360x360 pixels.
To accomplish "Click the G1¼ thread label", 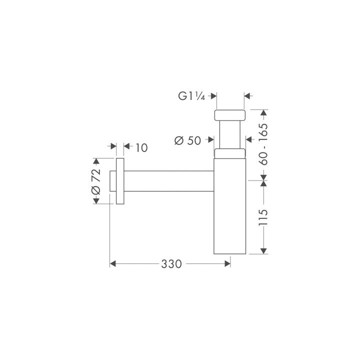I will pos(192,96).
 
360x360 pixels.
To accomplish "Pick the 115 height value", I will pos(264,217).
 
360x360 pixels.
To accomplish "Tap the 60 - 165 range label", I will pos(264,144).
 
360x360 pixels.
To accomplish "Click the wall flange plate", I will pos(119,181).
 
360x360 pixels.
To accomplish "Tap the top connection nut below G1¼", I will pos(230,115).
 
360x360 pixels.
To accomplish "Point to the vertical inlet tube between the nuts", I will pos(230,135).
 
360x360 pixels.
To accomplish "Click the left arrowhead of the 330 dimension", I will pos(113,263).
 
